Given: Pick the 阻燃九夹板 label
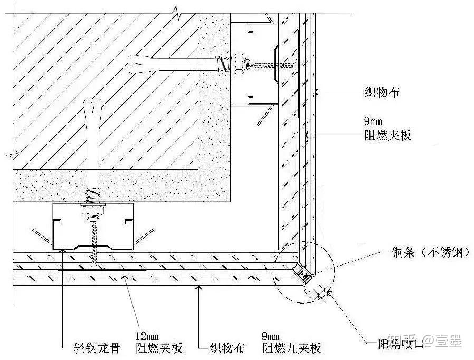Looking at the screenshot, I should (x=291, y=348).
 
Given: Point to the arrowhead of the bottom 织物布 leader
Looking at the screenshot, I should (x=199, y=288).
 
